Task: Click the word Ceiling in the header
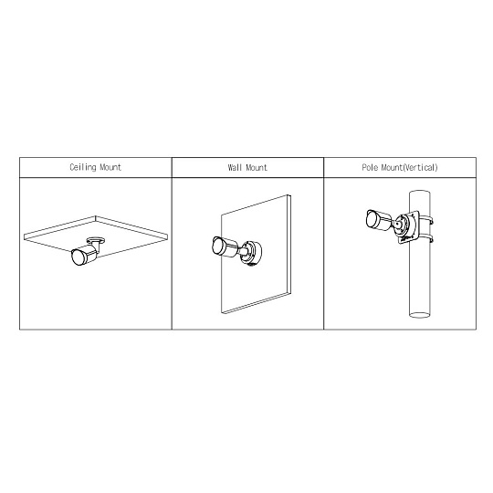click(x=83, y=167)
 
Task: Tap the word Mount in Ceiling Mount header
click(x=110, y=167)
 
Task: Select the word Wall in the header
click(x=236, y=167)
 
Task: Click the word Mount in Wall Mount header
click(x=257, y=167)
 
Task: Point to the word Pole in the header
click(x=370, y=167)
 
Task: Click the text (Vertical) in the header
click(x=420, y=167)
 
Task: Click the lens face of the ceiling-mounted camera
click(x=77, y=257)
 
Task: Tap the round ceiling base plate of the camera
click(x=96, y=240)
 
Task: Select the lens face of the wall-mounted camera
click(x=217, y=246)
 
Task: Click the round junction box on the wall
click(x=252, y=253)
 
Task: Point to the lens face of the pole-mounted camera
click(x=372, y=219)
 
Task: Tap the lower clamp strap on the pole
click(x=425, y=238)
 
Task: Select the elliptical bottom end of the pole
click(x=419, y=314)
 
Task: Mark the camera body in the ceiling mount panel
click(x=85, y=255)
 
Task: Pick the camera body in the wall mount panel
click(x=226, y=246)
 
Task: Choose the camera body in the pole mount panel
click(x=379, y=219)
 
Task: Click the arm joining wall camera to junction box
click(x=242, y=250)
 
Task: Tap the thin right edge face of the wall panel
click(x=289, y=245)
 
